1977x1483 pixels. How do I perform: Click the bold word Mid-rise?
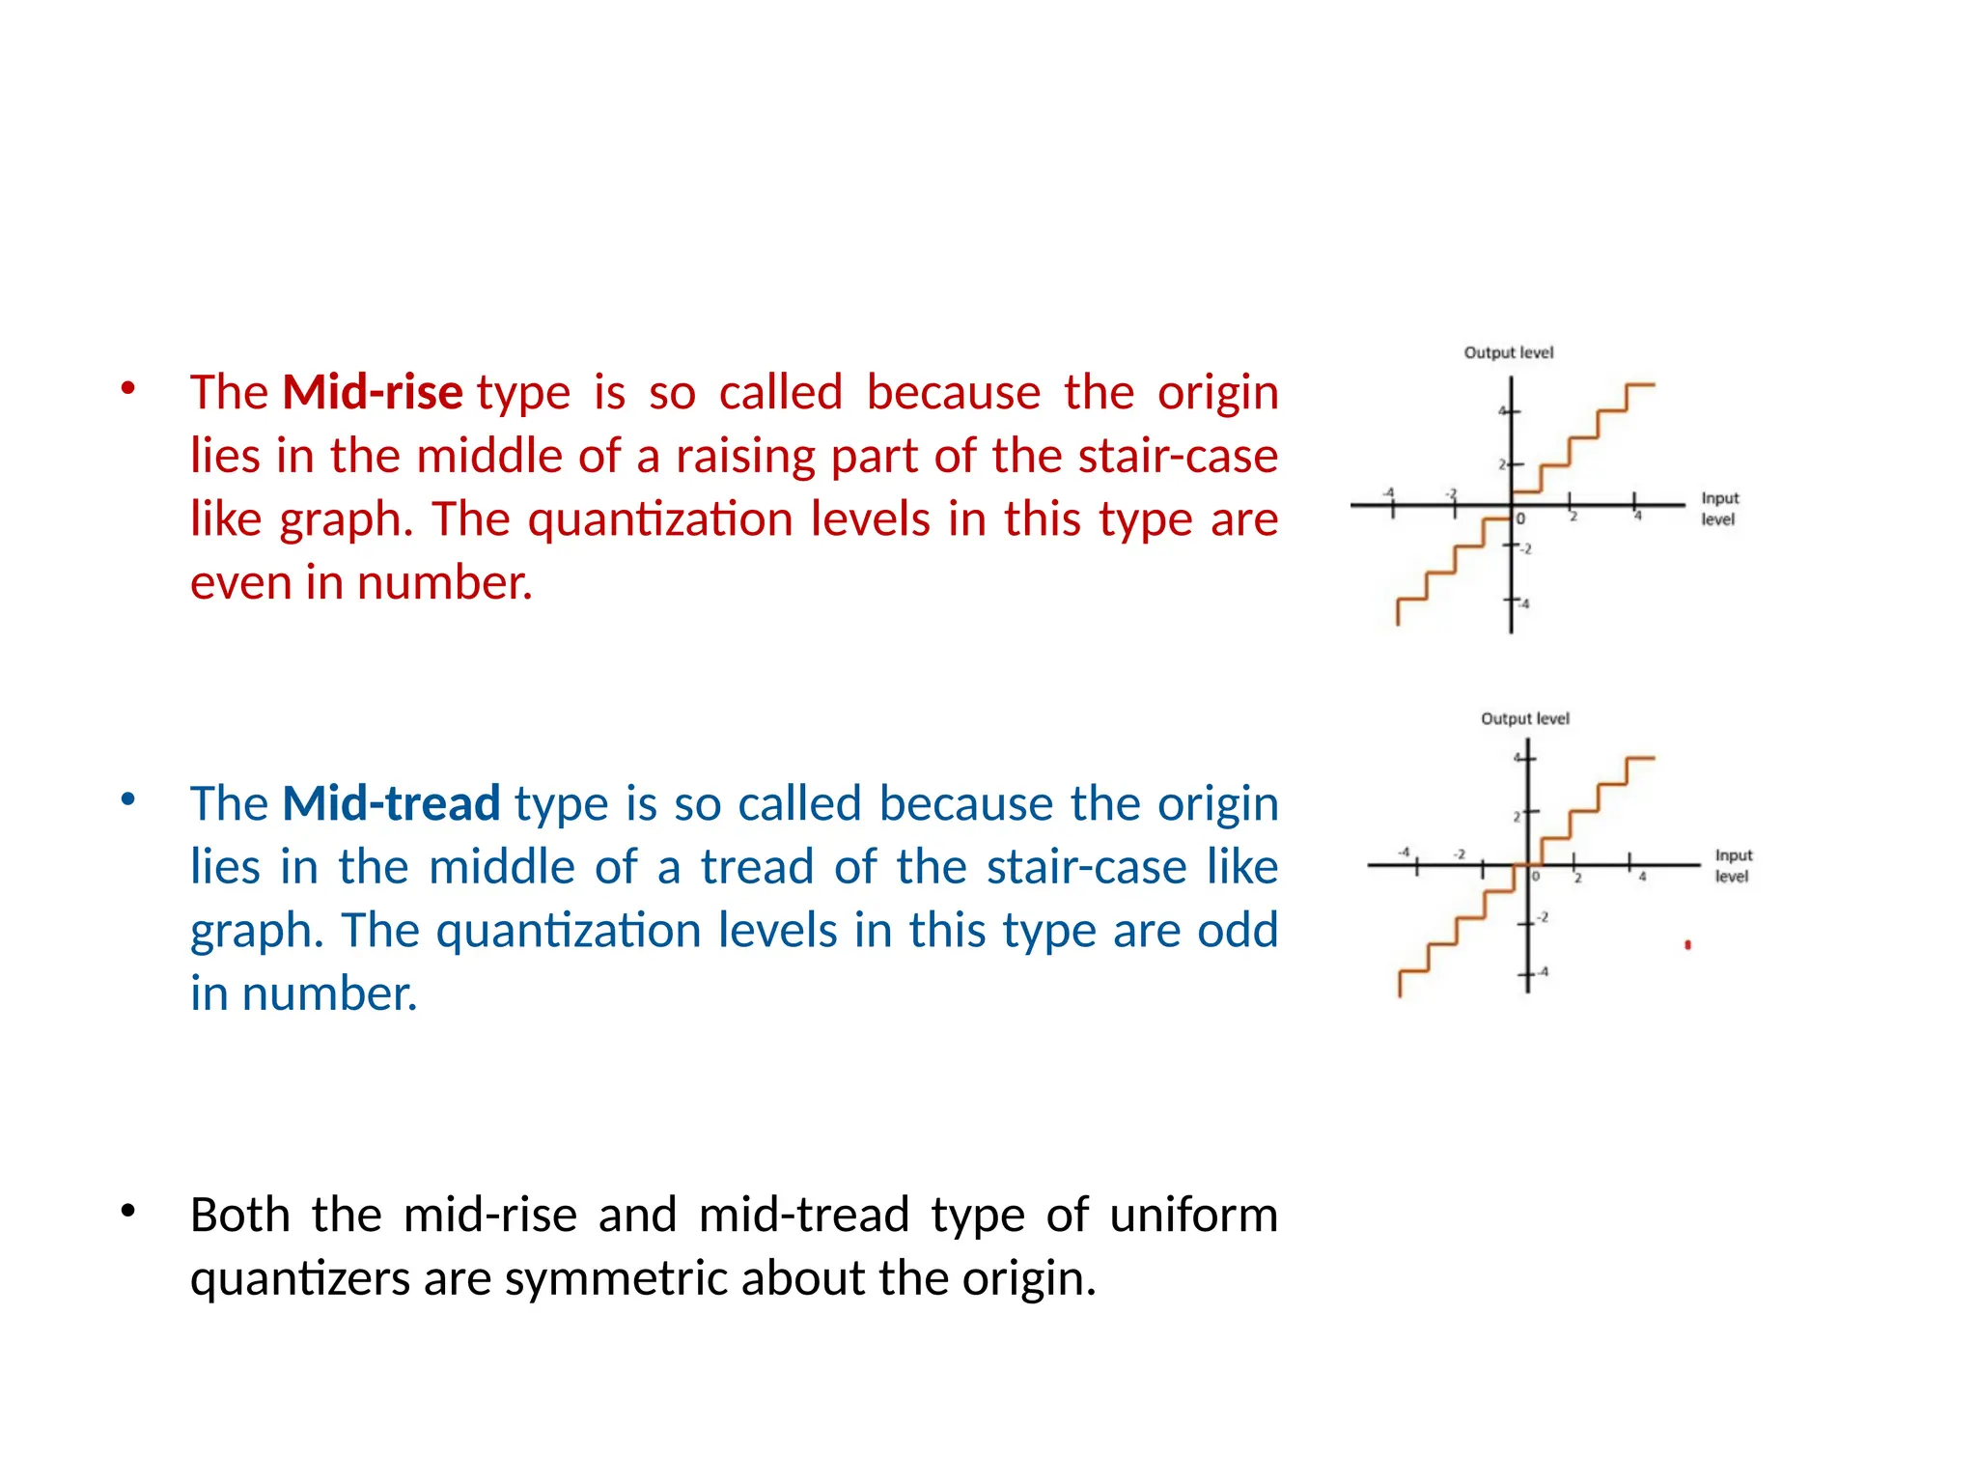[x=373, y=392]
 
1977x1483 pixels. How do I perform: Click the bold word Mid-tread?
[x=391, y=803]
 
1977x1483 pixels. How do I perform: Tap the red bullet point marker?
[x=127, y=389]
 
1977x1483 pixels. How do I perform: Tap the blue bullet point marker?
[x=127, y=799]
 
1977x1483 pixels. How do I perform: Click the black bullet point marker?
[x=127, y=1211]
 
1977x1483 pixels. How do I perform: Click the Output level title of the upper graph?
[x=1508, y=353]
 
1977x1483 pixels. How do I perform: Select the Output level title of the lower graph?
[x=1524, y=719]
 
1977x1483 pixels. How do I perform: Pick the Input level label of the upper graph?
[x=1719, y=509]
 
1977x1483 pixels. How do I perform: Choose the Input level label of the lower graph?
[x=1733, y=866]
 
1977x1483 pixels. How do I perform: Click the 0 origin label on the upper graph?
[x=1520, y=519]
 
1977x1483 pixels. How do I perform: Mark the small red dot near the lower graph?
[x=1687, y=945]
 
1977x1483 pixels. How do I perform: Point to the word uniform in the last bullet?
[x=1193, y=1215]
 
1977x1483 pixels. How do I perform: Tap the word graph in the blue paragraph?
[x=250, y=931]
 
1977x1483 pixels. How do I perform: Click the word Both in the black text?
[x=239, y=1215]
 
